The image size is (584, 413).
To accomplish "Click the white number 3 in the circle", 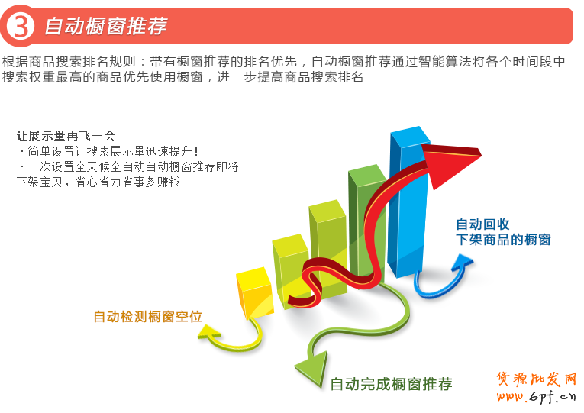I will click(x=21, y=27).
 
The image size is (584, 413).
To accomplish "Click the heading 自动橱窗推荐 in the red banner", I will click(x=105, y=26).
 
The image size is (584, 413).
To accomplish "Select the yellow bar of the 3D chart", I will click(x=253, y=294).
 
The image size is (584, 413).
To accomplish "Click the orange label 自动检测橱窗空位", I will click(x=147, y=316).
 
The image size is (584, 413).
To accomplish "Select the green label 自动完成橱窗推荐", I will click(x=391, y=384).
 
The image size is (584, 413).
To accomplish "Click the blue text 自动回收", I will click(x=482, y=224).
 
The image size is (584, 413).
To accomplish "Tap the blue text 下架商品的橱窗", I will click(x=503, y=240).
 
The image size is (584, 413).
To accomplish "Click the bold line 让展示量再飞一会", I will click(x=66, y=136).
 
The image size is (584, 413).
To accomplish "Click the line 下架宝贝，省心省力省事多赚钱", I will click(x=98, y=182).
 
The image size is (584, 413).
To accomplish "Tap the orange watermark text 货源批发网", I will click(x=536, y=379).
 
